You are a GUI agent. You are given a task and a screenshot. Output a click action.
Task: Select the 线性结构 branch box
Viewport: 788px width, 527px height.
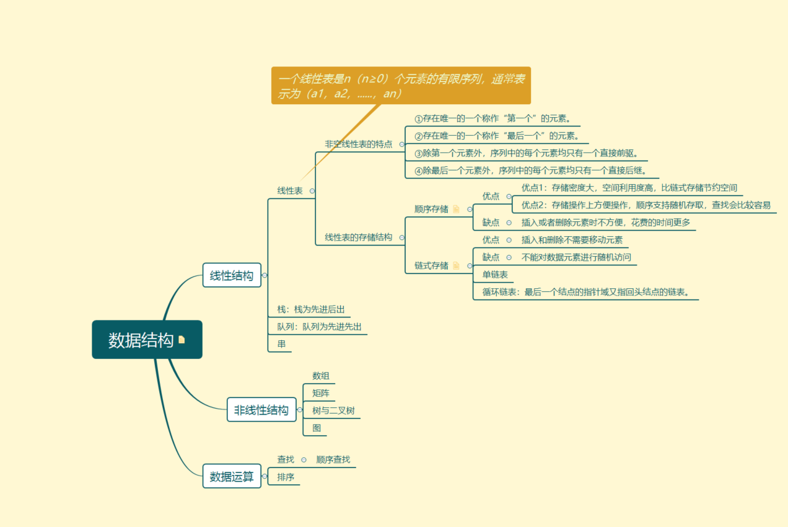click(x=231, y=275)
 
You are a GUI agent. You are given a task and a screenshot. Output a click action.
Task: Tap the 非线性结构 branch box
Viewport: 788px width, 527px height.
click(x=261, y=410)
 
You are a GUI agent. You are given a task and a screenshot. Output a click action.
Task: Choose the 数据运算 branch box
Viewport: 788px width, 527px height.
click(x=232, y=476)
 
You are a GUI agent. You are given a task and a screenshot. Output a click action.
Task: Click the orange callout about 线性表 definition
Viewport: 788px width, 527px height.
click(x=401, y=86)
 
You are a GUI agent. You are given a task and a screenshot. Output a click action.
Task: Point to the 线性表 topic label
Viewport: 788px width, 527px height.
click(x=290, y=191)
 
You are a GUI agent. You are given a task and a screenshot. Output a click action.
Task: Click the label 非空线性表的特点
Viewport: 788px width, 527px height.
click(x=359, y=144)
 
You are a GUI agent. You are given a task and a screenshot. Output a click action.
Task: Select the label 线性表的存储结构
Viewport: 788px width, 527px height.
click(x=359, y=237)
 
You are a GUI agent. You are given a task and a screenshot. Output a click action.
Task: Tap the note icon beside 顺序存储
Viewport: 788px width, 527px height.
click(x=457, y=209)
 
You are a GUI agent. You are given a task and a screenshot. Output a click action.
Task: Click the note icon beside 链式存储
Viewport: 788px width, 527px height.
click(x=457, y=265)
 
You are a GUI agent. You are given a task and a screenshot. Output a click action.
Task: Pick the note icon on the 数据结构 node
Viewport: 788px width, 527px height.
click(x=182, y=340)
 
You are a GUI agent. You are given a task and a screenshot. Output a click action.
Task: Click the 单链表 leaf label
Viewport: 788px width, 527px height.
click(x=495, y=275)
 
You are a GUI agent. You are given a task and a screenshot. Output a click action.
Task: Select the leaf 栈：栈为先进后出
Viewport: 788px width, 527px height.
click(x=310, y=309)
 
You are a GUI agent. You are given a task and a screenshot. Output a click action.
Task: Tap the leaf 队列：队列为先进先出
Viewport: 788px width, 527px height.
click(x=319, y=326)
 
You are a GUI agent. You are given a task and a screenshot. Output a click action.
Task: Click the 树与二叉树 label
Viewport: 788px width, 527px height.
click(x=333, y=410)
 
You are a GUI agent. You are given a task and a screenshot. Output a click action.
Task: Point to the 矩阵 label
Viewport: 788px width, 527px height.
click(x=321, y=393)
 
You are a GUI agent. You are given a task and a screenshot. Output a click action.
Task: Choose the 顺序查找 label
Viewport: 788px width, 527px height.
click(x=333, y=459)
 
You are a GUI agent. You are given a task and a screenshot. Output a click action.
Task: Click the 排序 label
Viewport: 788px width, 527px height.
click(x=286, y=477)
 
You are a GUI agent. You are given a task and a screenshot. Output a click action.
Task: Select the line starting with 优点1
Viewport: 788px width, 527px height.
click(x=629, y=188)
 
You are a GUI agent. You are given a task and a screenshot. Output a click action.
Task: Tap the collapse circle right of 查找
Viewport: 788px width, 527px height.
click(x=304, y=460)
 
